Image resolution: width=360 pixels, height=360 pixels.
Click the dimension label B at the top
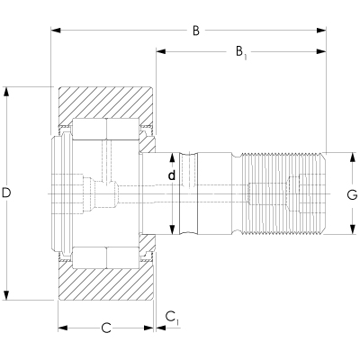(x=195, y=31)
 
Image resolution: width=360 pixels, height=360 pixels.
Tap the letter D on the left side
(x=7, y=193)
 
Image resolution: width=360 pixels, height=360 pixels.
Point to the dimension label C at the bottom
(x=105, y=328)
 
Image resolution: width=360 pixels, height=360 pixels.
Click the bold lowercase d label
(x=172, y=175)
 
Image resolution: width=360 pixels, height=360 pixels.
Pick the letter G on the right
(x=351, y=194)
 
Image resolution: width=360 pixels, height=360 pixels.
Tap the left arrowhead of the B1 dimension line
(x=161, y=52)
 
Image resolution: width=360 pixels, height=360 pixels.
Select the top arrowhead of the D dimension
(x=7, y=91)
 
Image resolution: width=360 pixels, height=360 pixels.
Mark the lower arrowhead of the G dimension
(x=351, y=231)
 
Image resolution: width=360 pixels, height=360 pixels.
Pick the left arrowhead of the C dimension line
(x=62, y=328)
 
